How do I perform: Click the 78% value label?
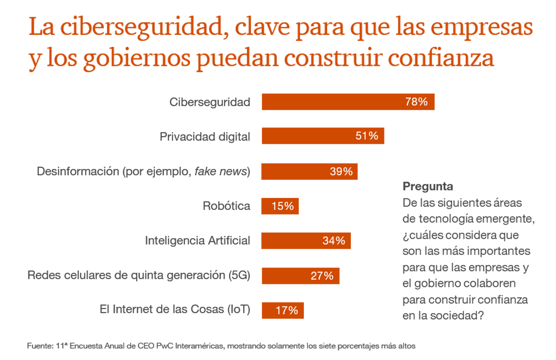(x=416, y=102)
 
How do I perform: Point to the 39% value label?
(x=341, y=171)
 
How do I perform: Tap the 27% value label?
(x=322, y=276)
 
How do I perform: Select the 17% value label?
(x=287, y=310)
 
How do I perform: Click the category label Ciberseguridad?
(x=210, y=102)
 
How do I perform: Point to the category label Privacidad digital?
(x=205, y=136)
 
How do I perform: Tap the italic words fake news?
(x=221, y=171)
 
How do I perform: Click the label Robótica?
(x=226, y=206)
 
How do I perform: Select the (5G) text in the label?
(x=239, y=275)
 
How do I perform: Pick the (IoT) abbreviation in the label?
(x=239, y=309)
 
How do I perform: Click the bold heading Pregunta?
(x=427, y=186)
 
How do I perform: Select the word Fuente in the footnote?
(x=39, y=346)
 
